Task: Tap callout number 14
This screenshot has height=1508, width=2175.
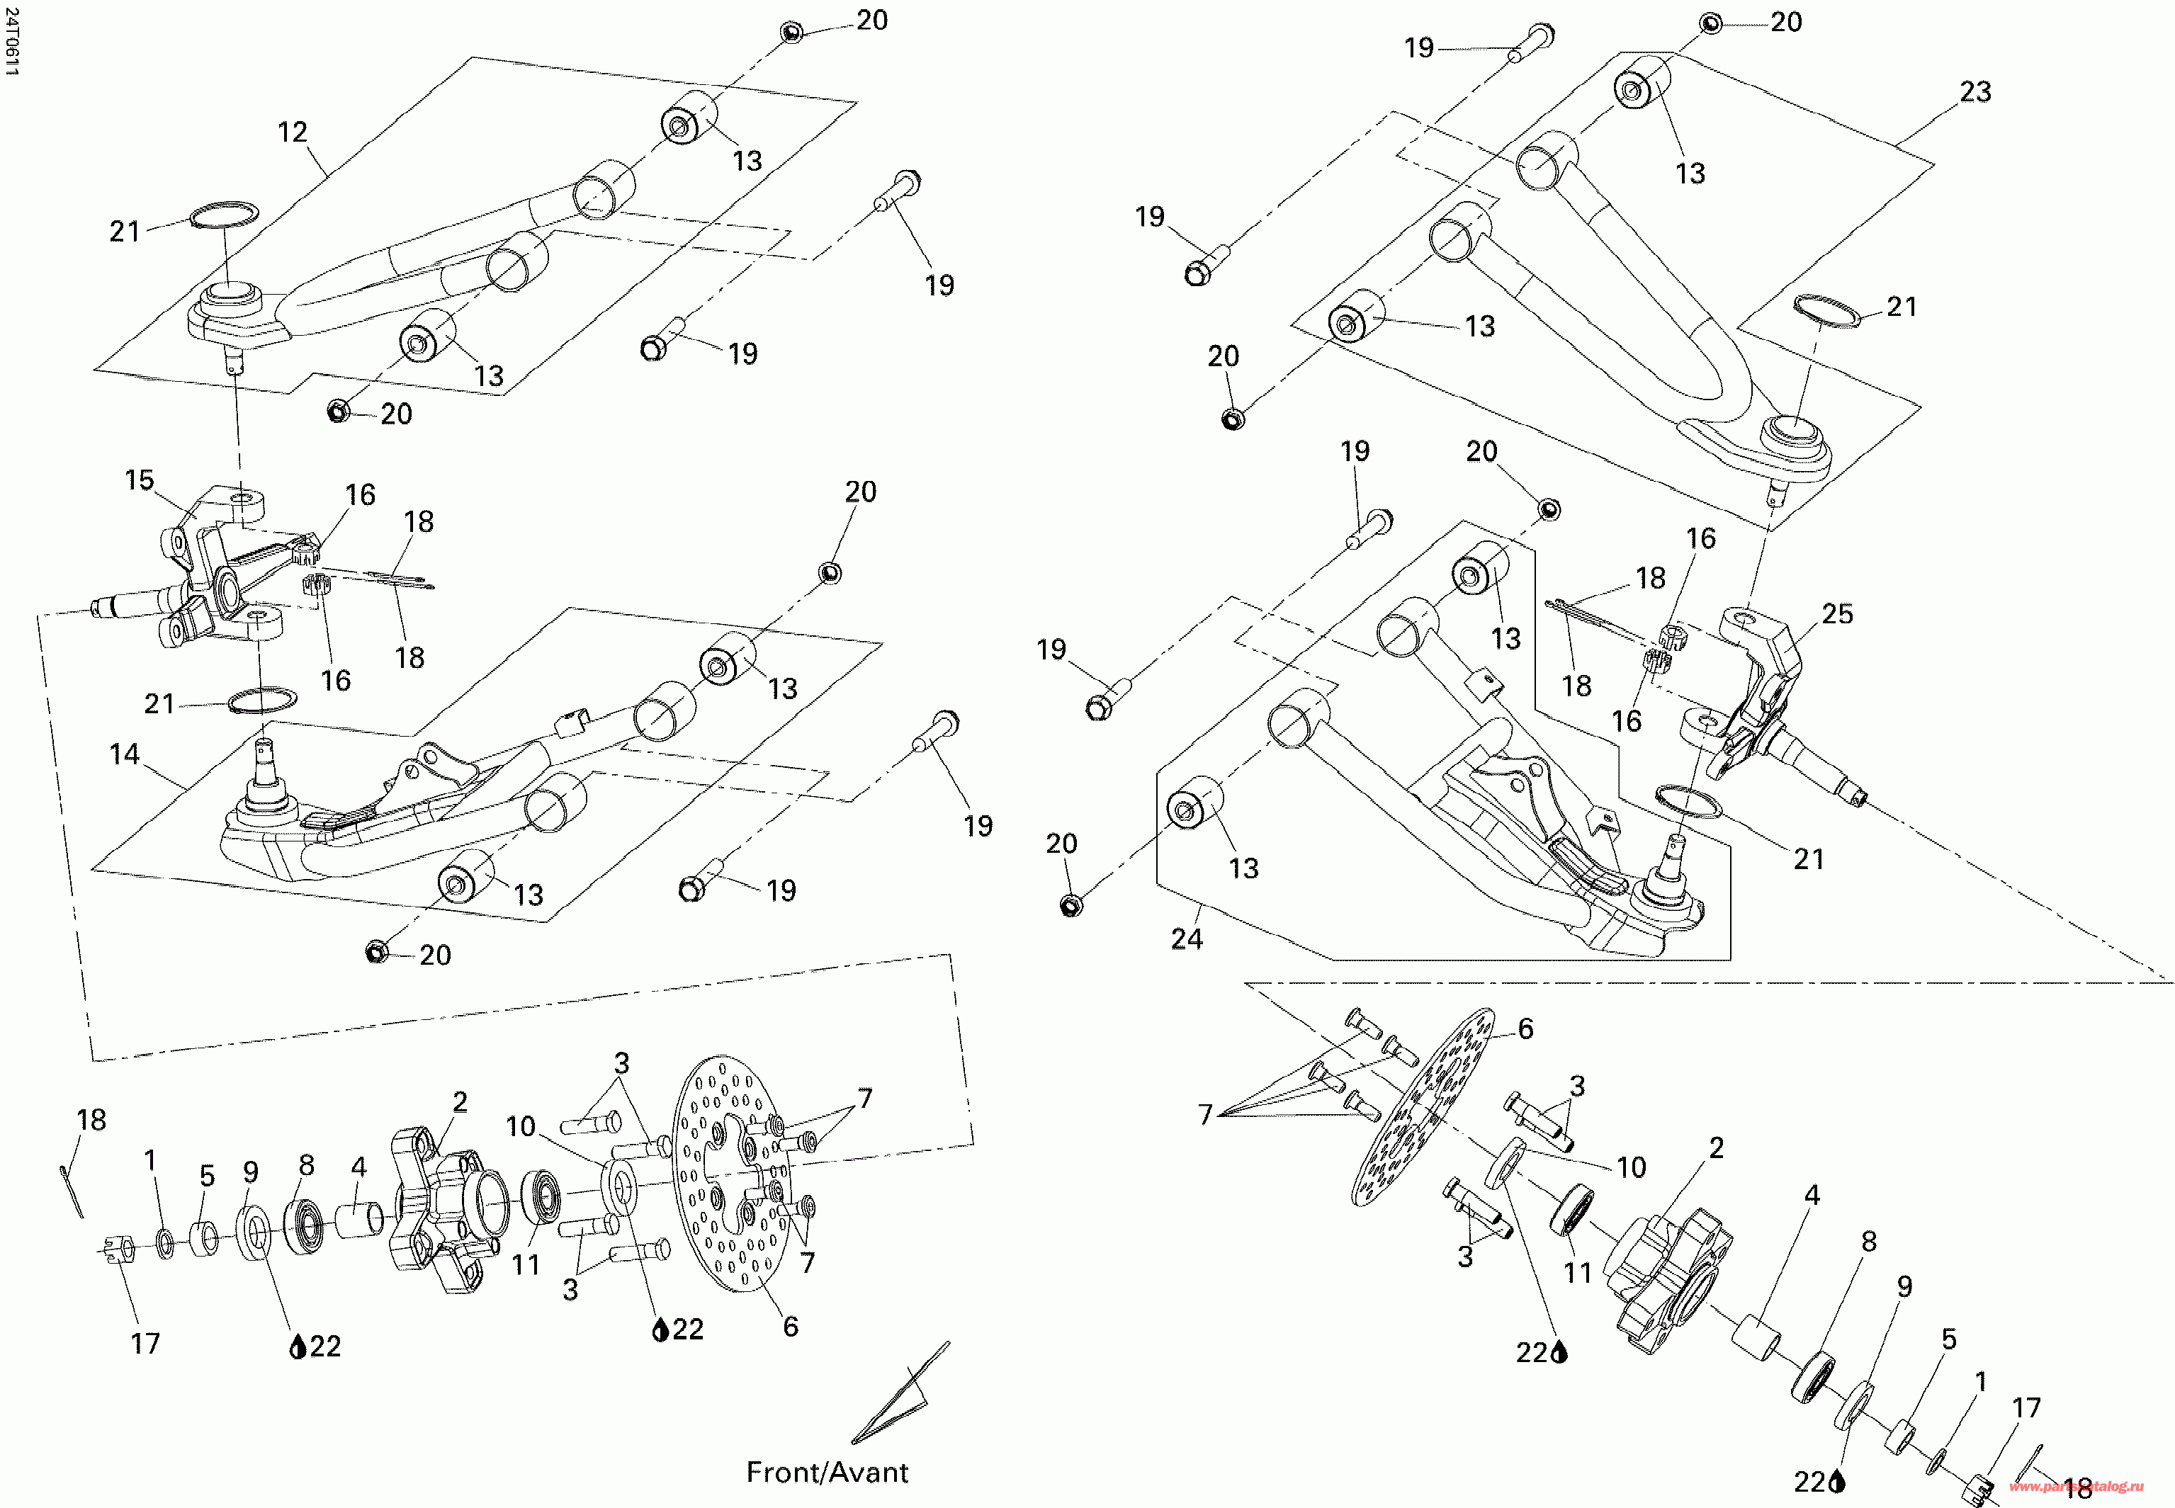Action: tap(124, 754)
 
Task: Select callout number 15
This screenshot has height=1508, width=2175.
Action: tap(140, 480)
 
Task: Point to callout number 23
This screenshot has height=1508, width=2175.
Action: tap(1975, 91)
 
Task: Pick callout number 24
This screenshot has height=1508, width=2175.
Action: tap(1187, 939)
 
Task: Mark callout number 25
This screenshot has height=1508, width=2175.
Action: tap(1838, 613)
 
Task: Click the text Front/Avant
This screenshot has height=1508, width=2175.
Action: tap(827, 1472)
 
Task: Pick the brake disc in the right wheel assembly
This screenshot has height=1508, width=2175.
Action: tap(1425, 1107)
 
